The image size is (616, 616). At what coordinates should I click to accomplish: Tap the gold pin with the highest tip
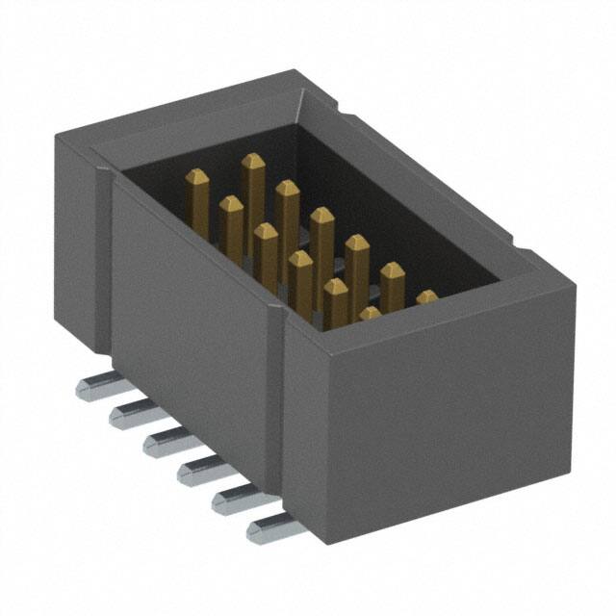[253, 162]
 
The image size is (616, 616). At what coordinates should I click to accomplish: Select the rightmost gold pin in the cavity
[426, 297]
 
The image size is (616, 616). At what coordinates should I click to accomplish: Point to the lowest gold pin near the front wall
[370, 313]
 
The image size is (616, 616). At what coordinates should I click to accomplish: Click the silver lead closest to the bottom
[268, 527]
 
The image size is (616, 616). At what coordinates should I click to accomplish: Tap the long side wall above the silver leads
[192, 318]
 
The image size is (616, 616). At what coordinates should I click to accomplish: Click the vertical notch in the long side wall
[279, 318]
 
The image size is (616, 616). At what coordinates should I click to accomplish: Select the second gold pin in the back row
[287, 192]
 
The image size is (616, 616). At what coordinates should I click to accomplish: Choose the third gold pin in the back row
[321, 218]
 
